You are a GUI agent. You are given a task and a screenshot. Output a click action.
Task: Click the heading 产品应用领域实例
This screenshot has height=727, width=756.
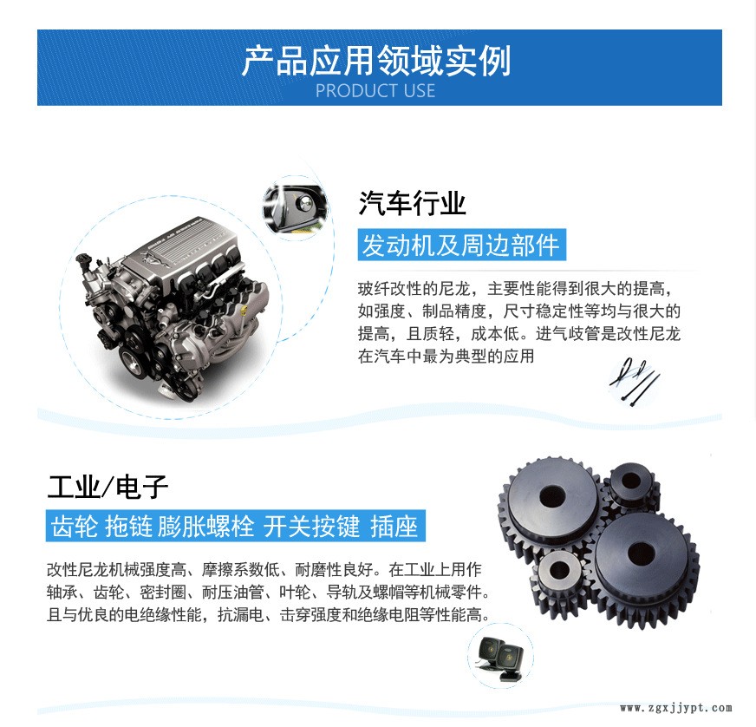coord(375,61)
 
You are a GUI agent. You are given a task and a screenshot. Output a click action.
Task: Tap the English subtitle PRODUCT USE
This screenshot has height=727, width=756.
coord(375,91)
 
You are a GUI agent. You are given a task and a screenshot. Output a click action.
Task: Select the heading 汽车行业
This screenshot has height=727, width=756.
coord(412,203)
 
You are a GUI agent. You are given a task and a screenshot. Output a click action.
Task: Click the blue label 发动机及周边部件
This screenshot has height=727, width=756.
coord(461,245)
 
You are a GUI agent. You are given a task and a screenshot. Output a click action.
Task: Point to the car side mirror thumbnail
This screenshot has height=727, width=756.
coord(295,207)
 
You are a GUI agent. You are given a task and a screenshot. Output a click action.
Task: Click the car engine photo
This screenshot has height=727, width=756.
coord(173,308)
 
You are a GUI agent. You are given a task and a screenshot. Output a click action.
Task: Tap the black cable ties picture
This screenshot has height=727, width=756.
coord(634,382)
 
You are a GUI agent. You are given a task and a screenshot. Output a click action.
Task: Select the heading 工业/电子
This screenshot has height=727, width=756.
coord(108,487)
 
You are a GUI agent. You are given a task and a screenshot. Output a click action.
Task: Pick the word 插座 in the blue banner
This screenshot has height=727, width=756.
coord(394,526)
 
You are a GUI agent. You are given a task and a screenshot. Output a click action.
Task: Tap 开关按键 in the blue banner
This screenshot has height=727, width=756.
coord(311,526)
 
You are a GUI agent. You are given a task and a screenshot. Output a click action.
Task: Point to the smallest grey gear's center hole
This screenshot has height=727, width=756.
coord(559,570)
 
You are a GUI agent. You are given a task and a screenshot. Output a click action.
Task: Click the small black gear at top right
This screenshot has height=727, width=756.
coord(632,485)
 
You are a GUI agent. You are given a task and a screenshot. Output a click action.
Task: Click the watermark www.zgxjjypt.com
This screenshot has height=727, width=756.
coord(676,708)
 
